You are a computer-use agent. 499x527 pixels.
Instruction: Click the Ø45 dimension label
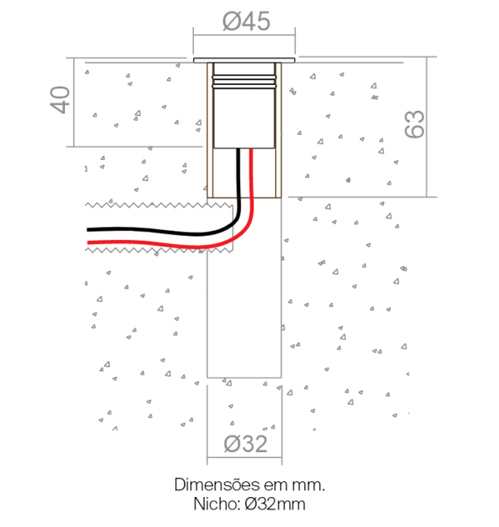(246, 21)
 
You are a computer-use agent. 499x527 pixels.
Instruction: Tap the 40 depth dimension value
(60, 100)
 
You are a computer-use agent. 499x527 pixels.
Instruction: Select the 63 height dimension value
(414, 124)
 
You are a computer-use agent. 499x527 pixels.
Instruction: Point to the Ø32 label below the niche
(245, 444)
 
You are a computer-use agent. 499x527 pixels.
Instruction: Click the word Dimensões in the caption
(217, 485)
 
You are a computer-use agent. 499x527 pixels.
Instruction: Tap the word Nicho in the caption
(217, 505)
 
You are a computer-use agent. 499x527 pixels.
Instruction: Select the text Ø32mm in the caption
(275, 505)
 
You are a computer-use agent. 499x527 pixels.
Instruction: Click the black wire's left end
(87, 230)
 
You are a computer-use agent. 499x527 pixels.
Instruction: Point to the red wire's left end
(88, 242)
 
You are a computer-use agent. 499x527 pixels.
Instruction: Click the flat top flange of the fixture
(245, 60)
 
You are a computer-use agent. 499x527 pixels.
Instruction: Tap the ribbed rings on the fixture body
(245, 82)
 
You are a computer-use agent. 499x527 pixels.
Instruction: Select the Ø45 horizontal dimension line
(245, 35)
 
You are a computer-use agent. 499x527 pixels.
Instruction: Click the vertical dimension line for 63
(427, 127)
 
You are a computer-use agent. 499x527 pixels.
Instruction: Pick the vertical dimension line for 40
(73, 102)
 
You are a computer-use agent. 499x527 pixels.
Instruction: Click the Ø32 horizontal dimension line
(245, 457)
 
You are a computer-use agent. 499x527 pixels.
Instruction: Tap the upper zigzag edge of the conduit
(159, 205)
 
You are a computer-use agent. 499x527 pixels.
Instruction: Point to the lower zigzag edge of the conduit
(159, 250)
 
